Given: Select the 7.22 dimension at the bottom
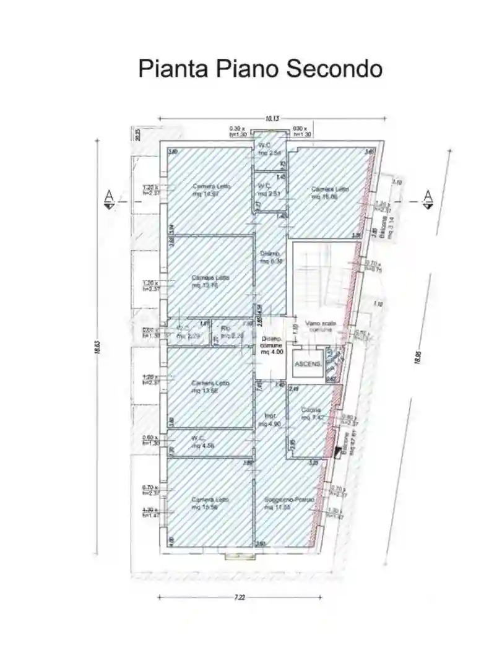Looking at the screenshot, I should point(240,597).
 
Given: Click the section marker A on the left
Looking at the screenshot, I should point(109,198).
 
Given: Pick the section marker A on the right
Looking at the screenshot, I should point(428,198).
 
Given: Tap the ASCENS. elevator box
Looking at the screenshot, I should point(308,364).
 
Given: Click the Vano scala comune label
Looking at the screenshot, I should point(318,327).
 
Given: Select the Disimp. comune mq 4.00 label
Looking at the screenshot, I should point(272,345).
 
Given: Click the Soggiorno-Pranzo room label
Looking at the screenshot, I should point(288,503).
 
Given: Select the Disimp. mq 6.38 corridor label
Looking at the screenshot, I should point(270,258).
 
